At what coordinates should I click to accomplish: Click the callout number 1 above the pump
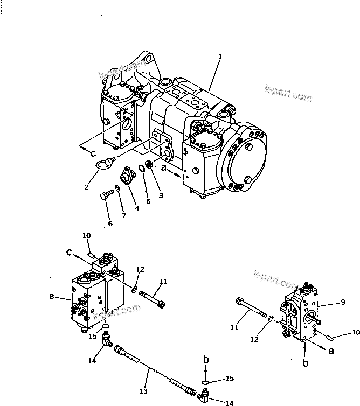tap(220, 57)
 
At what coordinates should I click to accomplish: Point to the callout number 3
tap(161, 195)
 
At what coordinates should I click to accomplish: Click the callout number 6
tap(110, 223)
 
